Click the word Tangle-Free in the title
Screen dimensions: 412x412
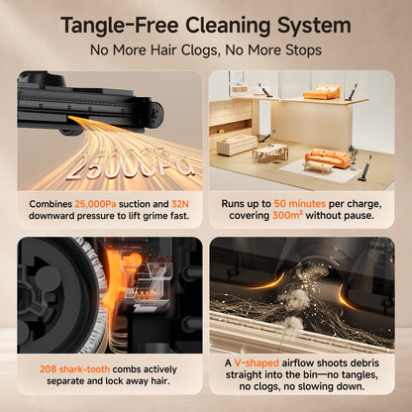tap(120, 26)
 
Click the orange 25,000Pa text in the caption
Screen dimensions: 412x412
tap(95, 204)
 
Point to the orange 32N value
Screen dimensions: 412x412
tap(180, 204)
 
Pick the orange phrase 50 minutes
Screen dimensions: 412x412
tap(300, 204)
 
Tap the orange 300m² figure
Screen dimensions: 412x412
tap(287, 216)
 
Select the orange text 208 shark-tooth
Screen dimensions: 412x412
tap(74, 369)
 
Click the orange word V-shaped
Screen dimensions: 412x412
tap(257, 363)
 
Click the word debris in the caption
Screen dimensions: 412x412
tap(363, 362)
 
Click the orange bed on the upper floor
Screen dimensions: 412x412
tap(321, 92)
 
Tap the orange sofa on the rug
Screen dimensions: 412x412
tap(327, 158)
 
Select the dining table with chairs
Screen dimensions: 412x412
tap(270, 154)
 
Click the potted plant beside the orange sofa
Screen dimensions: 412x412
tap(354, 157)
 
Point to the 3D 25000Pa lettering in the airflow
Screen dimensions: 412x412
tap(130, 167)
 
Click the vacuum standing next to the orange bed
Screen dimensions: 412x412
tap(351, 92)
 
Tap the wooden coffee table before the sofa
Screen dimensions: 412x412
tap(318, 167)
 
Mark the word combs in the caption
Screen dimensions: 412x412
tap(127, 369)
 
